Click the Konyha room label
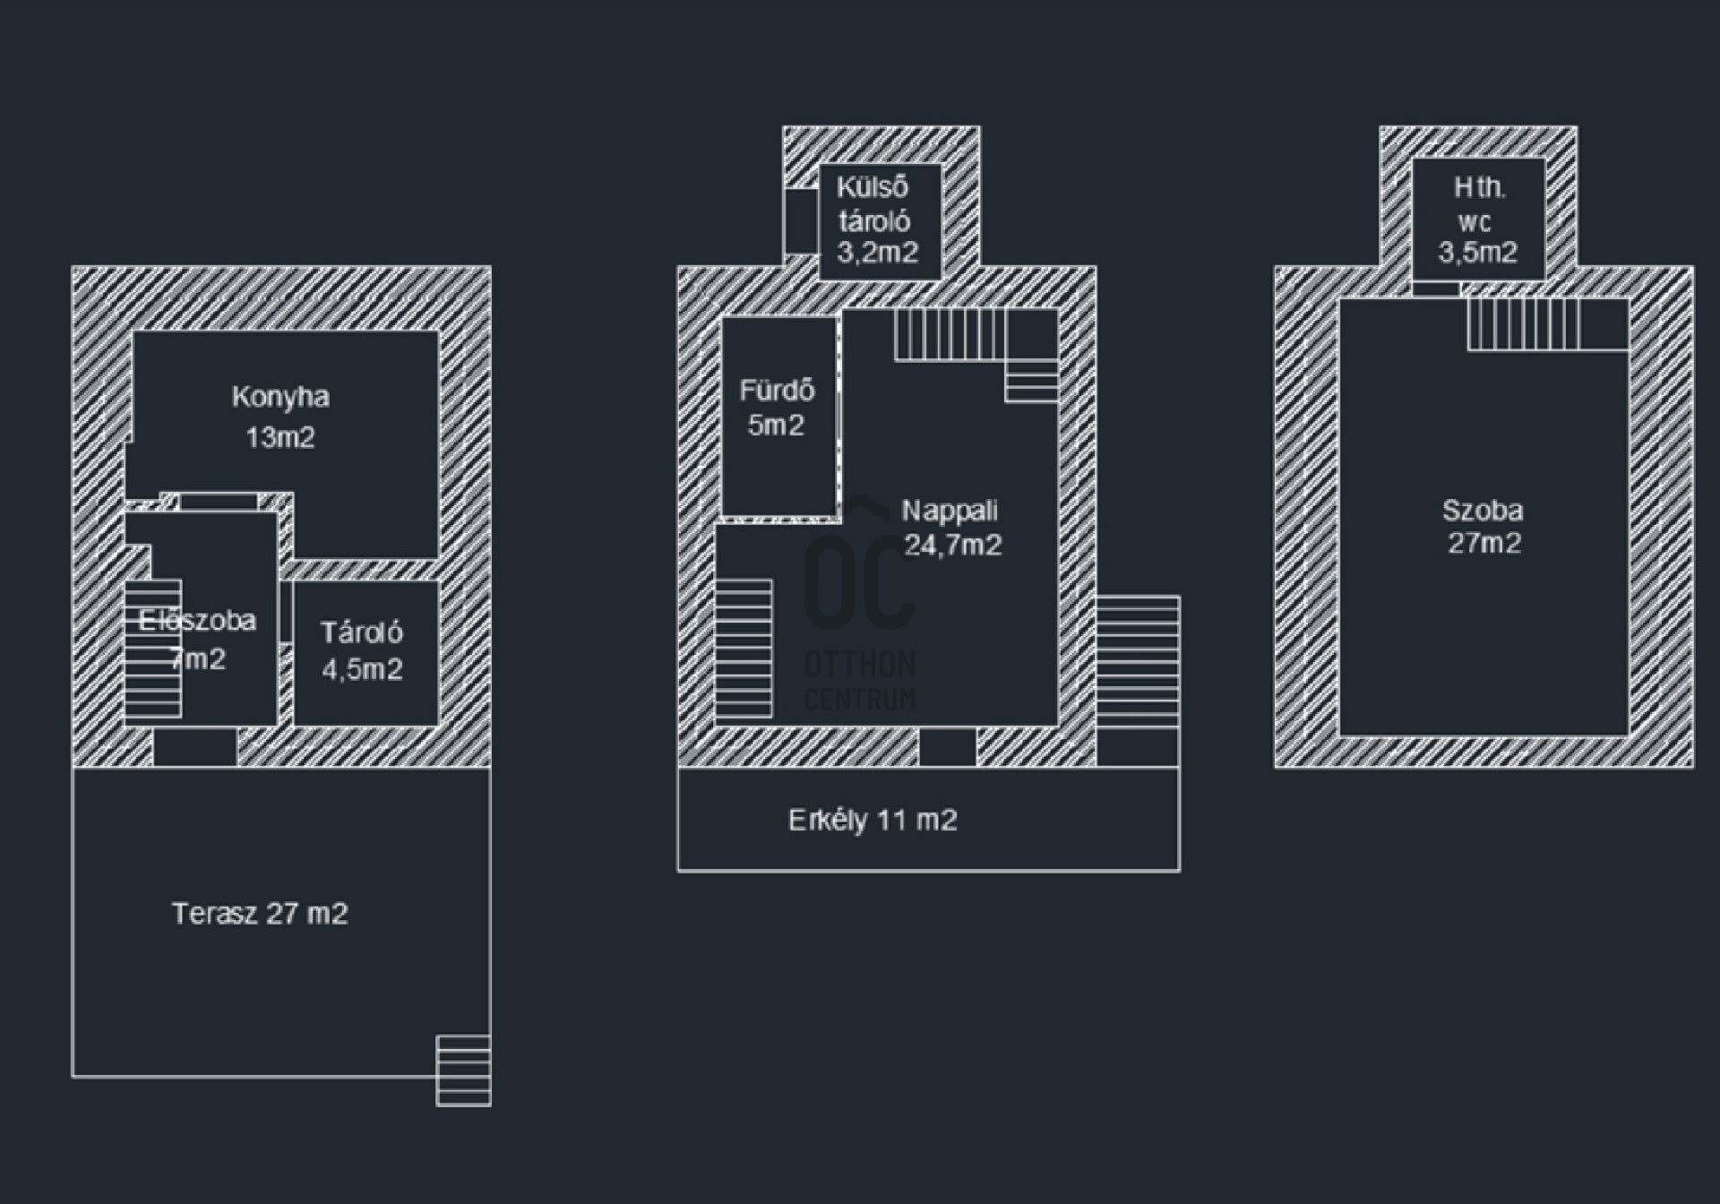pos(280,397)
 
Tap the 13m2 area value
pos(280,437)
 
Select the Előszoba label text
pos(197,620)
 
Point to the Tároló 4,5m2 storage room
pos(365,653)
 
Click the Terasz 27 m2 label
pos(260,914)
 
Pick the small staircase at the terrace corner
pos(463,1071)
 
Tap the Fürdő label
pos(777,391)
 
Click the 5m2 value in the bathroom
pos(776,426)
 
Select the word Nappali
pos(950,511)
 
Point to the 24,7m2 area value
pos(952,545)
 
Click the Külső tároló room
pos(881,221)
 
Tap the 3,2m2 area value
pos(878,253)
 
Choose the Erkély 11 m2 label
pos(873,821)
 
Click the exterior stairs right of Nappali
pos(1138,661)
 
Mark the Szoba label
pos(1483,511)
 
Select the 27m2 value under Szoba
pos(1484,543)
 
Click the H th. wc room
pos(1479,219)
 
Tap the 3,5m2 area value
pos(1478,253)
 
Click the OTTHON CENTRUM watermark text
pos(860,681)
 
